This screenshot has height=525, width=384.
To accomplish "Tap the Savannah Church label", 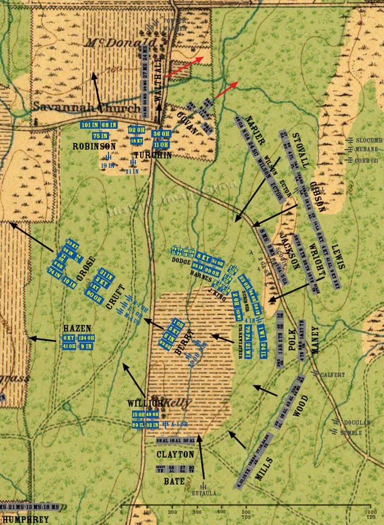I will (69, 108).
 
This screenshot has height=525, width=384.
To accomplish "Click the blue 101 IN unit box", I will (90, 125).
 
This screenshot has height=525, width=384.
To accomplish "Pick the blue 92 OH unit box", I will (137, 130).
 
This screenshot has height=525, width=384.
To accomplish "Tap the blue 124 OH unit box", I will (86, 339).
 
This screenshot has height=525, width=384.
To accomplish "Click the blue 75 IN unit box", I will (100, 135).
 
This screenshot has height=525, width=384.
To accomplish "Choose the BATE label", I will (174, 481).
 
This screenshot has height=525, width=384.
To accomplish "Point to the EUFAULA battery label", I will (204, 493).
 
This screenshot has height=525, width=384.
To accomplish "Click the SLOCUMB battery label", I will (368, 140).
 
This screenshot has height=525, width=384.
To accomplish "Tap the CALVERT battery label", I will (332, 375).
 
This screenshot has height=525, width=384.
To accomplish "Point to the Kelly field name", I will (179, 402).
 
